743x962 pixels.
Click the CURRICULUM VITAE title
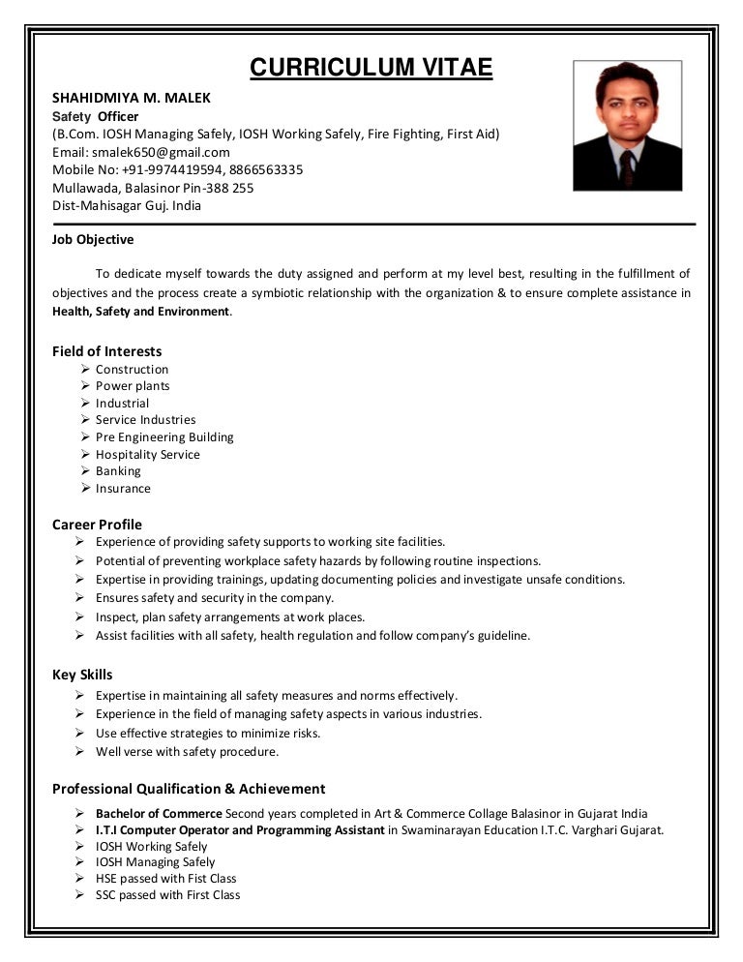point(371,68)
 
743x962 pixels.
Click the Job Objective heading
point(93,239)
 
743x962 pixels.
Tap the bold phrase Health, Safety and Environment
point(141,312)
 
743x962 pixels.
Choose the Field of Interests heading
point(106,351)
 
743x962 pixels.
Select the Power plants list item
point(133,386)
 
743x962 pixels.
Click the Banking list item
point(118,471)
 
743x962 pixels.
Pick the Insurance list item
point(123,489)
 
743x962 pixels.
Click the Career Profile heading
point(97,525)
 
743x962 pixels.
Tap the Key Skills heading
point(82,675)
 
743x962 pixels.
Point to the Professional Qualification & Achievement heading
point(189,789)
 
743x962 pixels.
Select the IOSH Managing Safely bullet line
point(155,862)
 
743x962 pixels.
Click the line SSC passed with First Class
point(167,895)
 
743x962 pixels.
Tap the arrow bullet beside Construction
point(86,369)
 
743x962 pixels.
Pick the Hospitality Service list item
point(147,455)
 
